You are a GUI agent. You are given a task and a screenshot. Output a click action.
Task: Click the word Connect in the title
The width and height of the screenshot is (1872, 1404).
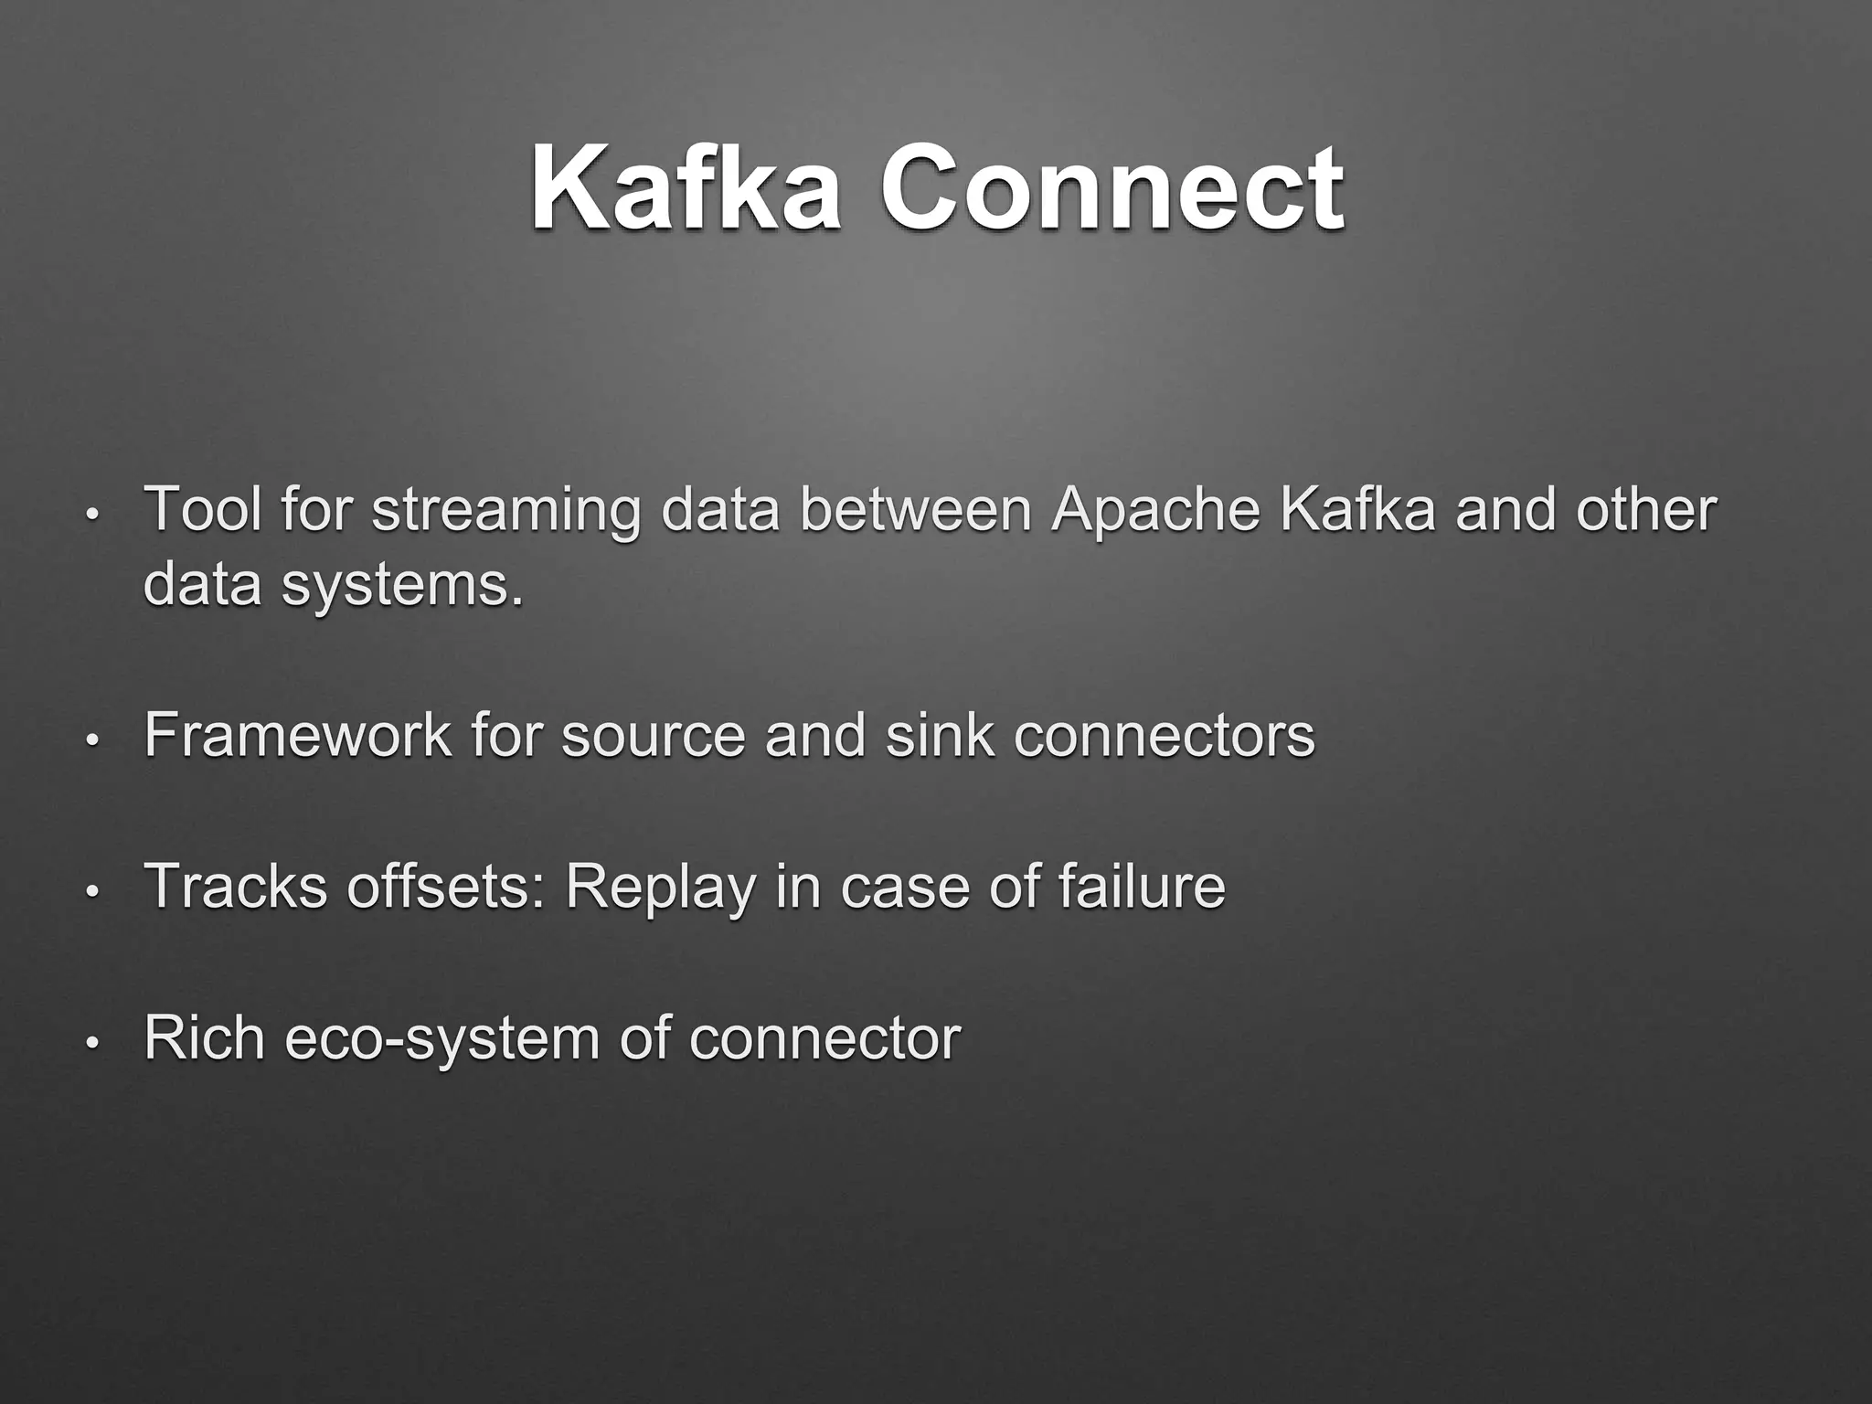pos(1111,190)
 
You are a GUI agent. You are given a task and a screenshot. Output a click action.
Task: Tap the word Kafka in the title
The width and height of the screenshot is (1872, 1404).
pos(686,190)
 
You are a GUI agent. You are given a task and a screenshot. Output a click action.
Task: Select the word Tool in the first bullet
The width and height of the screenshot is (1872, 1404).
pos(202,509)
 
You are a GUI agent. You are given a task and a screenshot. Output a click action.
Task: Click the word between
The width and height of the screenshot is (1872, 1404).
pos(916,509)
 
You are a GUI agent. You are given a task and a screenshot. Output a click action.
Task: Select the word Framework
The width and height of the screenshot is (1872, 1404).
pos(297,734)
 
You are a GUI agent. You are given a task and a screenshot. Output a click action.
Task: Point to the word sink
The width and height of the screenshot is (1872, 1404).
pos(939,734)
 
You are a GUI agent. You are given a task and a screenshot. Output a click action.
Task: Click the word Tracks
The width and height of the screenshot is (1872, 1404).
pos(235,886)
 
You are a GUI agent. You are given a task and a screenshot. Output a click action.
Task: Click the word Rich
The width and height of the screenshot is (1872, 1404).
pos(204,1037)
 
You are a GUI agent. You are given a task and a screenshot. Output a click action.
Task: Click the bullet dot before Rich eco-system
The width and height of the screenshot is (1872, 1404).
pos(91,1043)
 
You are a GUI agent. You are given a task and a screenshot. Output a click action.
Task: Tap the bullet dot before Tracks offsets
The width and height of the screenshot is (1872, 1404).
pos(91,891)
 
